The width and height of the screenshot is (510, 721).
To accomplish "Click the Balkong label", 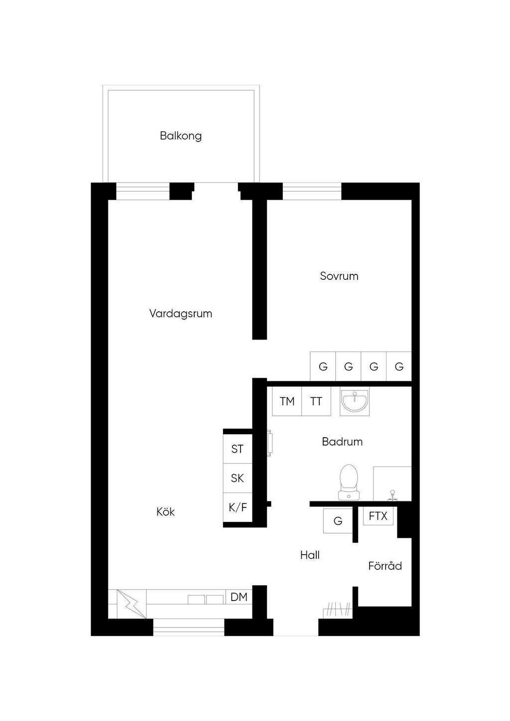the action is click(x=181, y=136).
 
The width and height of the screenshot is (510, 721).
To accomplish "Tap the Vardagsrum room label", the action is click(x=181, y=314).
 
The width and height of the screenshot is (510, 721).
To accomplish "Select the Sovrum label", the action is click(x=339, y=276).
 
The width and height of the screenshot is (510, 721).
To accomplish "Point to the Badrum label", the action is click(x=342, y=441).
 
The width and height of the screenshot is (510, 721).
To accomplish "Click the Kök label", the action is click(x=165, y=512).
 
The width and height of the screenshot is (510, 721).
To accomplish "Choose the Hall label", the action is click(x=310, y=555).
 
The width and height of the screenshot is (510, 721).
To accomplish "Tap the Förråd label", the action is click(x=385, y=566).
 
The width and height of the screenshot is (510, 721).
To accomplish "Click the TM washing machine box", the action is click(x=287, y=401).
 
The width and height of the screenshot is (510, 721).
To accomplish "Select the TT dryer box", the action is click(x=316, y=401).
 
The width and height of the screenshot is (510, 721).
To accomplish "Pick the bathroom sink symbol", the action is click(x=355, y=401).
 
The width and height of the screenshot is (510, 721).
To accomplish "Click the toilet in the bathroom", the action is click(x=349, y=482).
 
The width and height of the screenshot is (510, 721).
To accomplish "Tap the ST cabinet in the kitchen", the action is click(x=237, y=449).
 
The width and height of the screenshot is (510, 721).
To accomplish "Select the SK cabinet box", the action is click(x=237, y=479).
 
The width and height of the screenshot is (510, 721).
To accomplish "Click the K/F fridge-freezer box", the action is click(x=237, y=507).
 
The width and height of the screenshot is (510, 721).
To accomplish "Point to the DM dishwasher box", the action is click(x=239, y=597).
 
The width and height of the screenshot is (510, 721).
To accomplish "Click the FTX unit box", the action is click(x=378, y=516).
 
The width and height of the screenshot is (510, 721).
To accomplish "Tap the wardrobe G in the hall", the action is click(x=338, y=521).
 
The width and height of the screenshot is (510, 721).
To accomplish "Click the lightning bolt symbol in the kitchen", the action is click(x=131, y=604).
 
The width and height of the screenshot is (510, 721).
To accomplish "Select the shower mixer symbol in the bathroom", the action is click(x=392, y=496).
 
